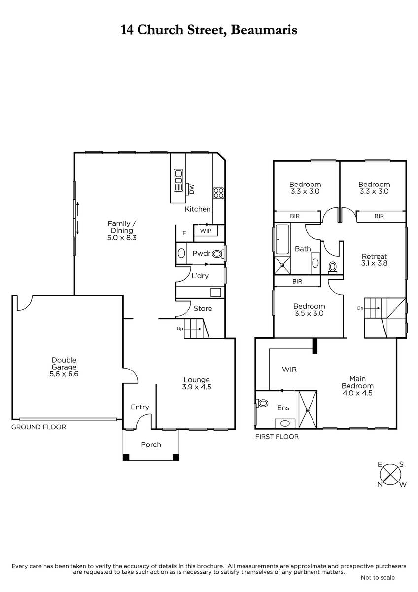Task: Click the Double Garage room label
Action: (67, 367)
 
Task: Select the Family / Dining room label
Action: (121, 230)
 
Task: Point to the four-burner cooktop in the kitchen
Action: (218, 193)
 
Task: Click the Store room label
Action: (203, 309)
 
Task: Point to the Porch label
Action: (151, 444)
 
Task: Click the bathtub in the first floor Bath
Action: (283, 239)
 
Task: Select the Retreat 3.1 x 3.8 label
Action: (375, 260)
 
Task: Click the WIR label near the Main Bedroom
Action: (289, 369)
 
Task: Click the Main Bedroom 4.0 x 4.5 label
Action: (358, 386)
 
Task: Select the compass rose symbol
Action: (391, 474)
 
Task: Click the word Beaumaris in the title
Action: (266, 30)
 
